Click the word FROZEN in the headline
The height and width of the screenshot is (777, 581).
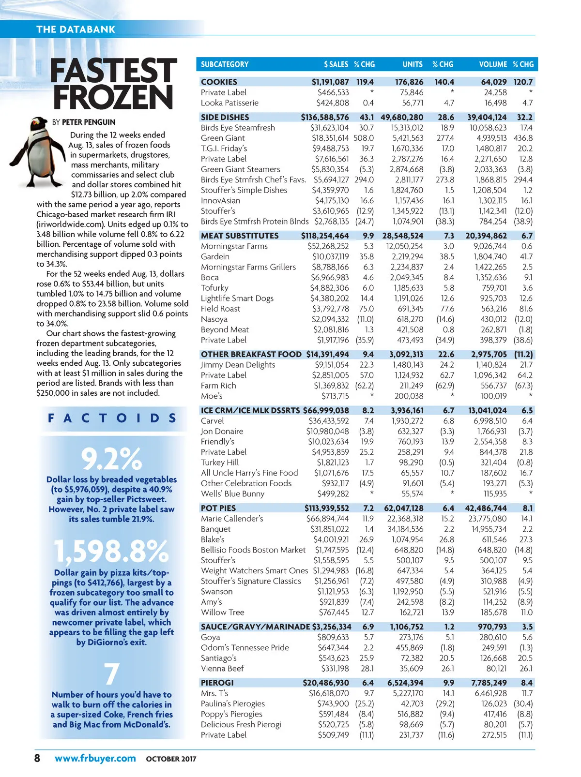pos(113,98)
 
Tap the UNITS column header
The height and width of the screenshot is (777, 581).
pos(412,64)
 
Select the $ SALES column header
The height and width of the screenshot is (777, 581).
pos(336,64)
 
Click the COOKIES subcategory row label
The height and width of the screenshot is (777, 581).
pos(219,82)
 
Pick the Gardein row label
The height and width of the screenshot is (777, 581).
pos(215,257)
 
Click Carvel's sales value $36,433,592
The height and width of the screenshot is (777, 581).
pos(329,421)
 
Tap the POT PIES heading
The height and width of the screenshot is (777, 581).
pos(218,508)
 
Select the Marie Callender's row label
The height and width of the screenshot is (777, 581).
pos(232,519)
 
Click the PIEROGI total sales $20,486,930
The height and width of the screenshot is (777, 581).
pos(326,683)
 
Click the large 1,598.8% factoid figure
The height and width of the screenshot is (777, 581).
pos(111,551)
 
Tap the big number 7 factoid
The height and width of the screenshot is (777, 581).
pos(111,673)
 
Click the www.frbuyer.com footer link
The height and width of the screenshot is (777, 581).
pos(95,758)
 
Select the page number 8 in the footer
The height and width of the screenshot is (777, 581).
pos(37,758)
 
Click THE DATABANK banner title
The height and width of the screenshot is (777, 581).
pos(76,30)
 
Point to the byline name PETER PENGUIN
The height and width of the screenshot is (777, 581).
pos(89,122)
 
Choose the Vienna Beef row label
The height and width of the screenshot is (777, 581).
pos(222,669)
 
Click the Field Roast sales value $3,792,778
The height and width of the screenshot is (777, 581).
pos(330,309)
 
